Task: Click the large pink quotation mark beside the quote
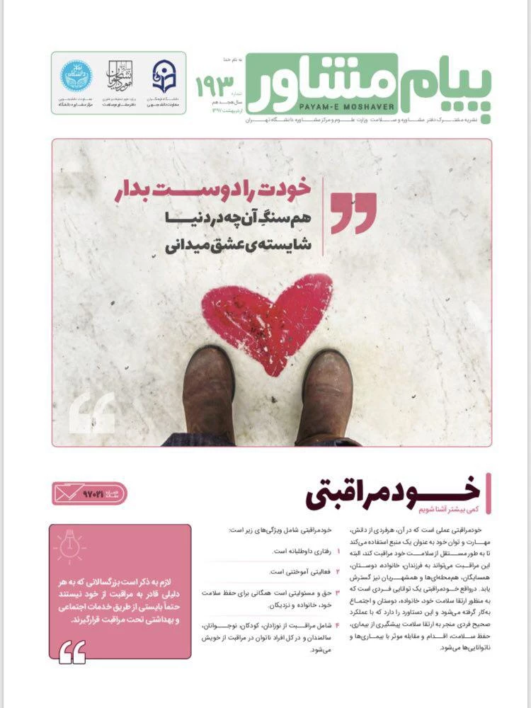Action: tap(354, 212)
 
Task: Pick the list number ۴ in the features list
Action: tap(338, 625)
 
